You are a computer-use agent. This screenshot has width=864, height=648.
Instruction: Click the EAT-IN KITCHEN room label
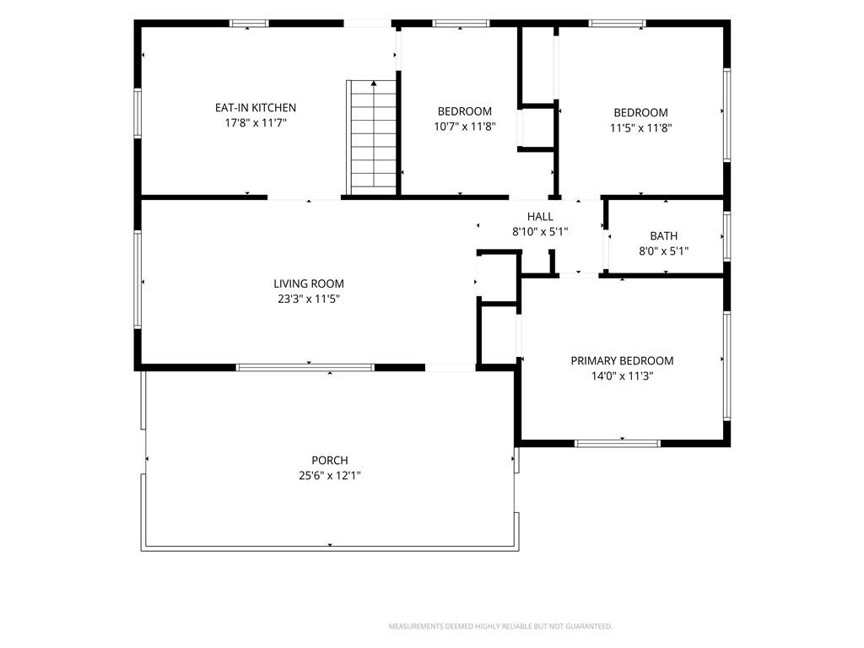[x=256, y=108]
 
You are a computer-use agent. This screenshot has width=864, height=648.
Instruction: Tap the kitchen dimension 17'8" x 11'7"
[x=256, y=123]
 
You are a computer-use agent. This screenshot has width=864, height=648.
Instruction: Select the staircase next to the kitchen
[x=371, y=138]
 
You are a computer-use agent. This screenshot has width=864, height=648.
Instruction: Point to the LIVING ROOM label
[x=309, y=283]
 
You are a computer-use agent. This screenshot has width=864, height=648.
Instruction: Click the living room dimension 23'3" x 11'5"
[x=309, y=300]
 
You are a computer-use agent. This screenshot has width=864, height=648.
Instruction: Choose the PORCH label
[x=330, y=460]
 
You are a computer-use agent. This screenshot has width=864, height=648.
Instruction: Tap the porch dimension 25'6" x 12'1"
[x=330, y=476]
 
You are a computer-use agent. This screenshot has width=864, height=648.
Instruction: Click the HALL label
[x=540, y=217]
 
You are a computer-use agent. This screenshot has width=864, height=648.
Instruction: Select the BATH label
[x=663, y=236]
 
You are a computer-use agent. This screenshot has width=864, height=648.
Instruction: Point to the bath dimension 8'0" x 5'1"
[x=663, y=251]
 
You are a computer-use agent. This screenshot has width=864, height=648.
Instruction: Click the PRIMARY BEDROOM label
[x=622, y=361]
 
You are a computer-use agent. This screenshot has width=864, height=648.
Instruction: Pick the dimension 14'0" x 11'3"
[x=622, y=376]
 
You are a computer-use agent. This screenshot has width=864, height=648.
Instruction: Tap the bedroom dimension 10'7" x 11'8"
[x=465, y=127]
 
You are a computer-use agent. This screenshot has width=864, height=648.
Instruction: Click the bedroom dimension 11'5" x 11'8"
[x=641, y=128]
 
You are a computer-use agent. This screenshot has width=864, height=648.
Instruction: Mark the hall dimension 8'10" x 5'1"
[x=540, y=232]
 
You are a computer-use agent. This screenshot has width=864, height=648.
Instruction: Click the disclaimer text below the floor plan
[x=500, y=627]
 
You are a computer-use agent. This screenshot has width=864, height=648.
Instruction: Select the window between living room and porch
[x=305, y=368]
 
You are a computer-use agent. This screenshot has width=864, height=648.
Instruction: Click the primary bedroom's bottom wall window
[x=617, y=443]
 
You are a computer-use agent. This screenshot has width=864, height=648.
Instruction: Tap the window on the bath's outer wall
[x=726, y=236]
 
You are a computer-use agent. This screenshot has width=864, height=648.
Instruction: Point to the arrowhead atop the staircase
[x=374, y=84]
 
